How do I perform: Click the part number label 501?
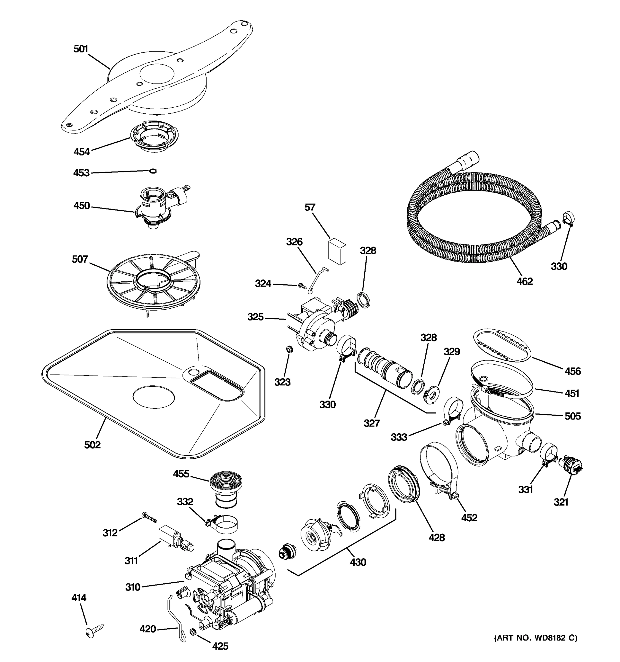pyautogui.click(x=80, y=49)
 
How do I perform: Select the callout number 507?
pyautogui.click(x=80, y=259)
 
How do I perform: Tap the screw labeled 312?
pyautogui.click(x=149, y=517)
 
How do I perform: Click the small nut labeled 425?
pyautogui.click(x=192, y=631)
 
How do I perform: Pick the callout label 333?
pyautogui.click(x=399, y=437)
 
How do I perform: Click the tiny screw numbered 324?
pyautogui.click(x=302, y=285)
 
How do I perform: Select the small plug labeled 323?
pyautogui.click(x=289, y=349)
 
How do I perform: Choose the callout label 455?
pyautogui.click(x=181, y=474)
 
